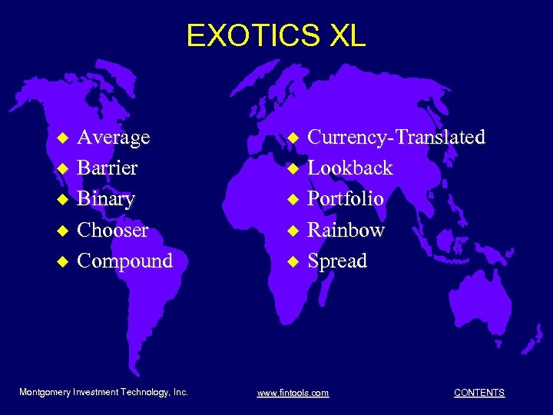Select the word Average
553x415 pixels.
click(x=114, y=138)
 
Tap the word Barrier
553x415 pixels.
click(x=108, y=168)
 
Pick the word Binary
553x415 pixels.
click(x=106, y=200)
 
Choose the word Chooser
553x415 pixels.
click(x=113, y=230)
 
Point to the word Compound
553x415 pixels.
click(x=125, y=261)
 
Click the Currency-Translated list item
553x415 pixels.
click(x=396, y=138)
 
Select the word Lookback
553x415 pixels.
click(x=349, y=168)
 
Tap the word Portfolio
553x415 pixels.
click(x=345, y=199)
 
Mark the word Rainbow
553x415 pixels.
click(x=346, y=230)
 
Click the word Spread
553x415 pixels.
click(x=337, y=261)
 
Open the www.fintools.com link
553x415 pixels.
click(x=293, y=393)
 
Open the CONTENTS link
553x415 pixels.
click(x=479, y=393)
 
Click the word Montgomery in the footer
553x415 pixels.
click(x=45, y=392)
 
